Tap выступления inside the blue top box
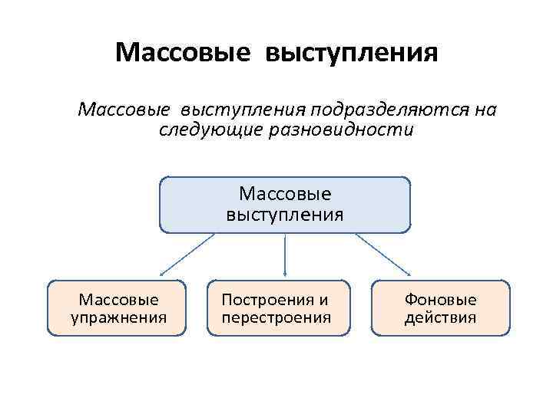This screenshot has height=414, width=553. coord(285,213)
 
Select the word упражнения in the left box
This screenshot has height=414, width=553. coord(118,317)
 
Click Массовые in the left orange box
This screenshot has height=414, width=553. coord(118,300)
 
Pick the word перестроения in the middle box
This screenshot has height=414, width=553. coord(276,317)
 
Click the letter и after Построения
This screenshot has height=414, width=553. coord(323,300)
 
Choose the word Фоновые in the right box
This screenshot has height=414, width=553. coord(440,300)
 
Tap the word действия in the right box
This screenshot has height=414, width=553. coord(440,317)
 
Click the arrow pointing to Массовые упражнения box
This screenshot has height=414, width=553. coord(187,255)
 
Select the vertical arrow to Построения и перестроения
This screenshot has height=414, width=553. coord(285,255)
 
